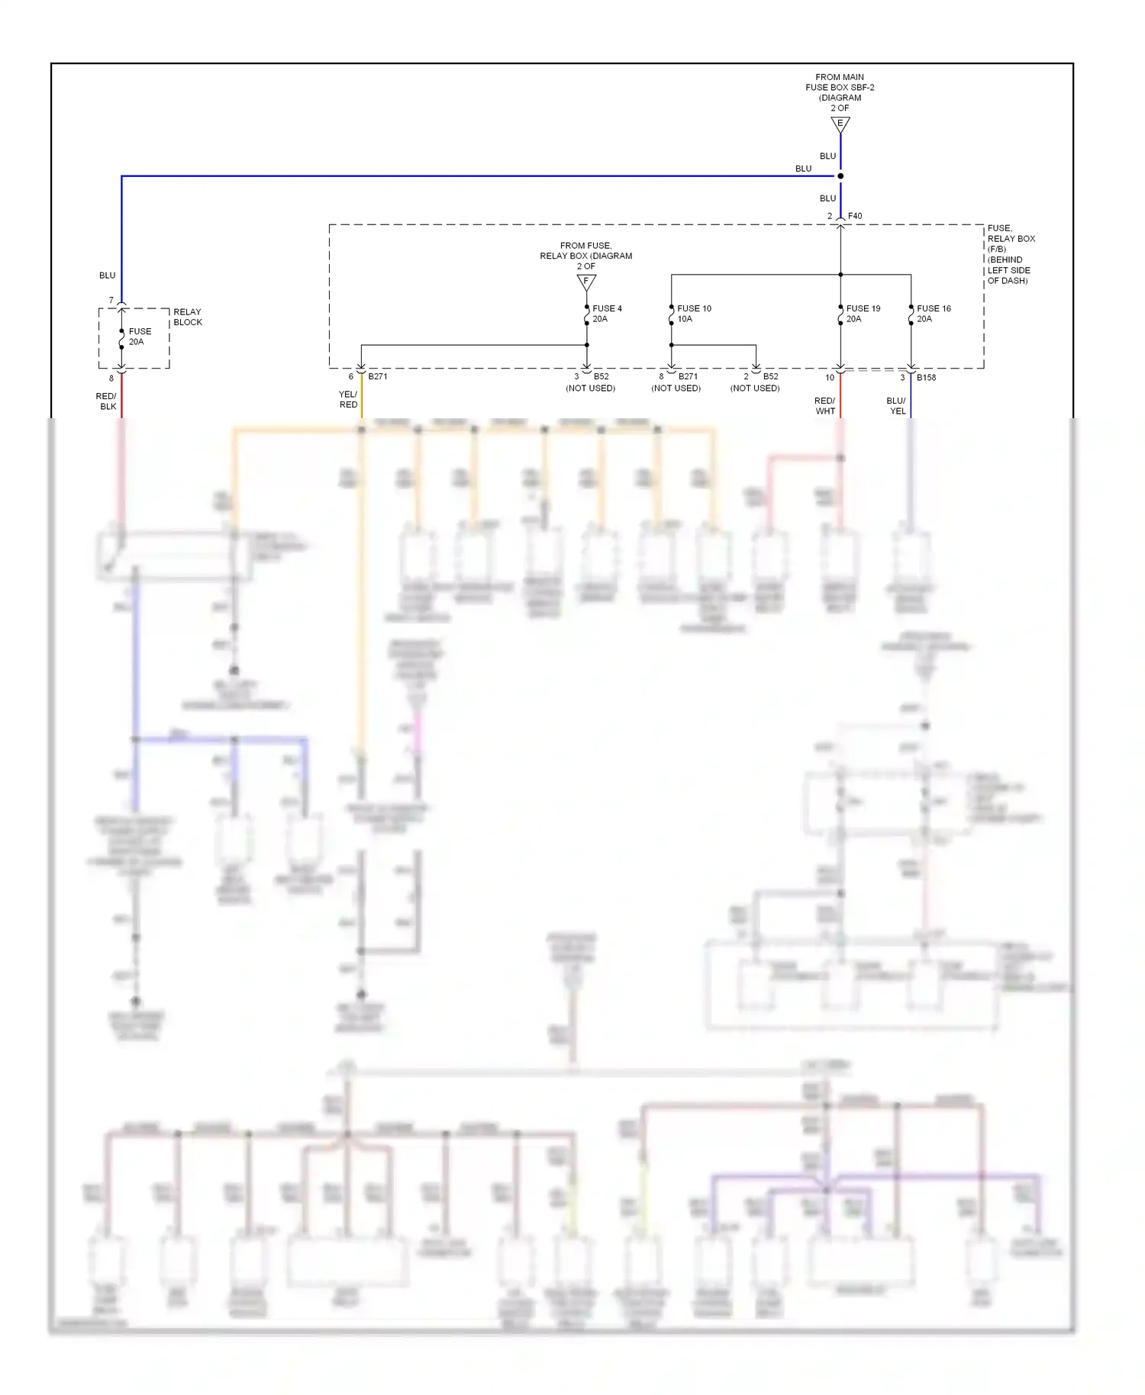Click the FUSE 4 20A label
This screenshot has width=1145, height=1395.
pyautogui.click(x=606, y=314)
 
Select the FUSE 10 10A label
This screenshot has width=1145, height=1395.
pyautogui.click(x=693, y=314)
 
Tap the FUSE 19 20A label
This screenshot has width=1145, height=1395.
pyautogui.click(x=863, y=314)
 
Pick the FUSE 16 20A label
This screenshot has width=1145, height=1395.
pyautogui.click(x=933, y=314)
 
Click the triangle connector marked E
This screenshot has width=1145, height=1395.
pyautogui.click(x=840, y=124)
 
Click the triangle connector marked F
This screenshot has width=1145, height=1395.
pyautogui.click(x=586, y=282)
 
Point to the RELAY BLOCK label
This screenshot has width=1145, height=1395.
pyautogui.click(x=188, y=317)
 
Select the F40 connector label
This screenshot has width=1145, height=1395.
pyautogui.click(x=855, y=216)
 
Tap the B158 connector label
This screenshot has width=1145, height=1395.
pyautogui.click(x=926, y=378)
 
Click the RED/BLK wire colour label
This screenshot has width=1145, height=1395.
pyautogui.click(x=107, y=401)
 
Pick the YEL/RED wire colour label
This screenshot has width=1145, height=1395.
pyautogui.click(x=348, y=399)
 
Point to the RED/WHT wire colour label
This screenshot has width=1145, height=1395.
pyautogui.click(x=825, y=405)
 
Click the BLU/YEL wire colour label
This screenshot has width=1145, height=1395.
pyautogui.click(x=897, y=405)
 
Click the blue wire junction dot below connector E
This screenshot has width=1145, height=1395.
pyautogui.click(x=840, y=176)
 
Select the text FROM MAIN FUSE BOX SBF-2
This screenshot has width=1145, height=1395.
pyautogui.click(x=840, y=82)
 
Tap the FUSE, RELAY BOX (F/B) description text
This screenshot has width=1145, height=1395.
pyautogui.click(x=1011, y=254)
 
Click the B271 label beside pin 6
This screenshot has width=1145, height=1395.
pyautogui.click(x=378, y=377)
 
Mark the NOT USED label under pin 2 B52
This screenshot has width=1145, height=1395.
pyautogui.click(x=755, y=388)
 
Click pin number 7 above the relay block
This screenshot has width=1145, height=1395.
pyautogui.click(x=111, y=301)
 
